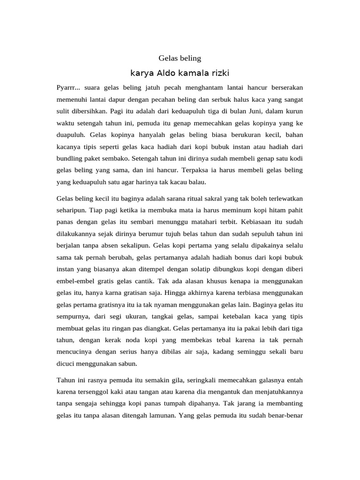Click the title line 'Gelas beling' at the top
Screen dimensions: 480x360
180,58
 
